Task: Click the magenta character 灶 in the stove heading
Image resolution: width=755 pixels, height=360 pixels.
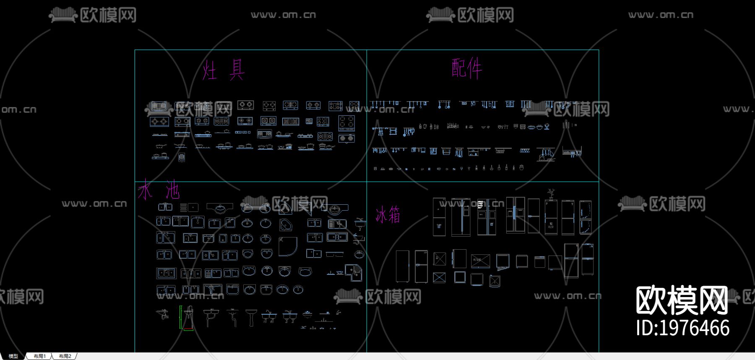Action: pos(209,70)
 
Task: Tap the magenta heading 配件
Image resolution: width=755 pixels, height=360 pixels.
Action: pos(467,68)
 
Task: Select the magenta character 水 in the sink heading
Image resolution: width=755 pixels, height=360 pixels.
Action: pos(145,190)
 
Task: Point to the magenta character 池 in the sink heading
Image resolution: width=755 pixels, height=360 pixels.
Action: pos(172,190)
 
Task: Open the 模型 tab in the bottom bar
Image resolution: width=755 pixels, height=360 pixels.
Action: pos(13,356)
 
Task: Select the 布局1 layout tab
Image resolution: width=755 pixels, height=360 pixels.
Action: pos(39,356)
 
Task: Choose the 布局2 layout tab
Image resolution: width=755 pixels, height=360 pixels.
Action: pos(65,356)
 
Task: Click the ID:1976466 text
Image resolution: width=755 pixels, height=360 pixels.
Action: pos(682,328)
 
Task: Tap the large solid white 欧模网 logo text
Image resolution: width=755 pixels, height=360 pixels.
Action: pos(682,300)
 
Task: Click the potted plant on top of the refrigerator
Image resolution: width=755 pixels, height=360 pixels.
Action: pos(551,194)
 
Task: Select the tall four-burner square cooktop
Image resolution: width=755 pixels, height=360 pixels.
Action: pos(346,123)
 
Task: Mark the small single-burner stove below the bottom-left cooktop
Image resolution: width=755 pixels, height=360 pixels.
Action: pos(182,157)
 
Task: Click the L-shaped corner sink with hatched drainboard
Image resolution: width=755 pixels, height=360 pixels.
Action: pos(354,273)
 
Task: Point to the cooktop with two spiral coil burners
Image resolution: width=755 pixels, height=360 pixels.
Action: pos(346,138)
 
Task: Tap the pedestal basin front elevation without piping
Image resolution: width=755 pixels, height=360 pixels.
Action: pos(251,317)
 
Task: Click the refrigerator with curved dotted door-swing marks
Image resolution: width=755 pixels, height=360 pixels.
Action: pos(586,217)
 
